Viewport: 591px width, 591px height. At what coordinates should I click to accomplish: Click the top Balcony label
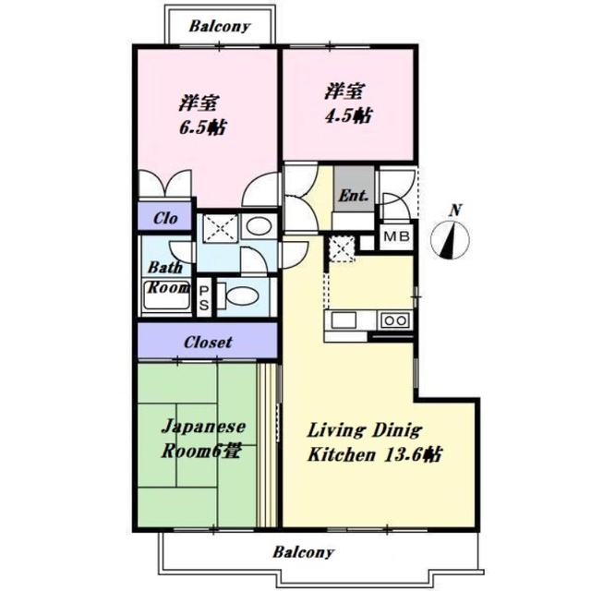[220, 27]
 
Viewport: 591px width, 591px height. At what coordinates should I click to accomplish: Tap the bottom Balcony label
[304, 552]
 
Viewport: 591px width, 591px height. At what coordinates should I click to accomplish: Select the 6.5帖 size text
[202, 127]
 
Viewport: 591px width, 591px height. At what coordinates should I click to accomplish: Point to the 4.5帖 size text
[349, 115]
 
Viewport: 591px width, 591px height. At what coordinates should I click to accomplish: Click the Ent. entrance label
[353, 195]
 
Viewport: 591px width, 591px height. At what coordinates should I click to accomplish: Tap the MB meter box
[396, 236]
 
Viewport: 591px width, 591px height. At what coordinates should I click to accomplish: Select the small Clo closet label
[165, 218]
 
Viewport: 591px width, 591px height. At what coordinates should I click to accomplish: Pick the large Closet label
[208, 343]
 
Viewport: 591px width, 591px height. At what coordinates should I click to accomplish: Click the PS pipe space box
[204, 297]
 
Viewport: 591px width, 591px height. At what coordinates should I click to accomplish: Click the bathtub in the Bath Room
[167, 295]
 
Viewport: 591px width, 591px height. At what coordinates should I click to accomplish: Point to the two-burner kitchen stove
[395, 320]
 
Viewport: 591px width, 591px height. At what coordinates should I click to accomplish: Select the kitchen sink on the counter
[344, 320]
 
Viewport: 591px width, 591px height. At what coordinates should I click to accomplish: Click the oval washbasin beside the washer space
[259, 226]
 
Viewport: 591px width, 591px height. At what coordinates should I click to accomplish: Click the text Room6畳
[201, 451]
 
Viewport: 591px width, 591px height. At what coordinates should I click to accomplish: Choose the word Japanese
[203, 428]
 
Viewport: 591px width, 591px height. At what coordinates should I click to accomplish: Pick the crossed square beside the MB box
[342, 248]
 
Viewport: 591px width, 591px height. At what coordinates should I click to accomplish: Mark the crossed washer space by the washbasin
[221, 228]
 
